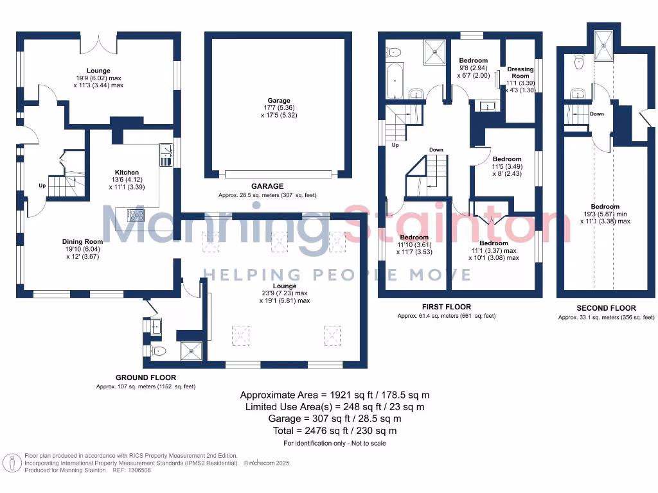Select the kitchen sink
(x=166, y=154)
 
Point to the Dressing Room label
(x=520, y=73)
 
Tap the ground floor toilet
(x=160, y=350)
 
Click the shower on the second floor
(x=604, y=43)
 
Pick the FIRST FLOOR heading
(x=446, y=307)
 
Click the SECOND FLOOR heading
(x=606, y=308)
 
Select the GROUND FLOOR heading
(x=145, y=377)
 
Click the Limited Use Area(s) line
(x=334, y=407)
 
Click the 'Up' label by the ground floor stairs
(x=42, y=186)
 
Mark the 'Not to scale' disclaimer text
(x=364, y=444)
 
